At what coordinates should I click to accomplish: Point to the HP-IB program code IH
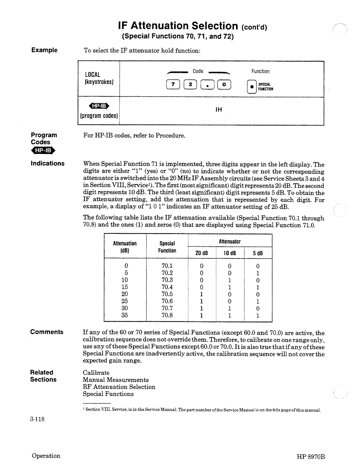(x=219, y=110)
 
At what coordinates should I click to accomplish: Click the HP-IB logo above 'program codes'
(x=99, y=106)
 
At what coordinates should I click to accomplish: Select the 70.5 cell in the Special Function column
(x=167, y=294)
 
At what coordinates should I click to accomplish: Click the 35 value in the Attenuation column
(x=125, y=315)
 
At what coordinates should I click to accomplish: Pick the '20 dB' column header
(x=201, y=253)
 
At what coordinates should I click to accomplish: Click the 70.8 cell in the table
(x=167, y=315)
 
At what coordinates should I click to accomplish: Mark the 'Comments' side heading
(x=47, y=332)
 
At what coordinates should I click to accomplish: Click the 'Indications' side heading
(x=48, y=163)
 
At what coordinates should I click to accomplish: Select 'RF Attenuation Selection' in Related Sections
(x=119, y=387)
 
